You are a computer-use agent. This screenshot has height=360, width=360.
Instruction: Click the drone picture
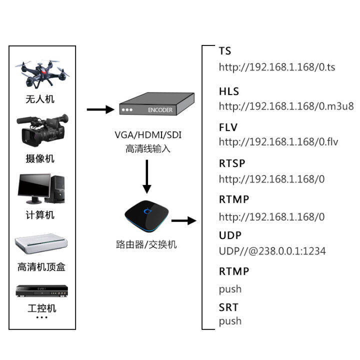coord(42,74)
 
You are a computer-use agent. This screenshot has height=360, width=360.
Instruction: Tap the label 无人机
coord(40,99)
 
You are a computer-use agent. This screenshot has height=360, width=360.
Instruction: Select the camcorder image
coord(42,129)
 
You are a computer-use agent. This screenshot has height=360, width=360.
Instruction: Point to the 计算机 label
coord(40,215)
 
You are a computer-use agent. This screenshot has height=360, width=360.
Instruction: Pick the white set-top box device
coord(41,243)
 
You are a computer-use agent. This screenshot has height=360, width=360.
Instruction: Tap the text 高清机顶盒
coord(41,267)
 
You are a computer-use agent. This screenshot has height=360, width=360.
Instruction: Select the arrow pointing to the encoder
coord(99,109)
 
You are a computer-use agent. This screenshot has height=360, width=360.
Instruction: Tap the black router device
coord(147,215)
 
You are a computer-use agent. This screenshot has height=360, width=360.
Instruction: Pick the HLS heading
coord(229,91)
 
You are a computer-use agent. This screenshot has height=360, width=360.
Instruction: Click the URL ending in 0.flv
coord(278,141)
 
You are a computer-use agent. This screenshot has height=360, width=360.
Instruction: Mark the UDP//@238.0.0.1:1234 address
coord(272,251)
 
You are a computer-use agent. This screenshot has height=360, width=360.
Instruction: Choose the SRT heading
coord(228,307)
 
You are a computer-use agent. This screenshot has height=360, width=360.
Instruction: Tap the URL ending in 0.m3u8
coord(286,106)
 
